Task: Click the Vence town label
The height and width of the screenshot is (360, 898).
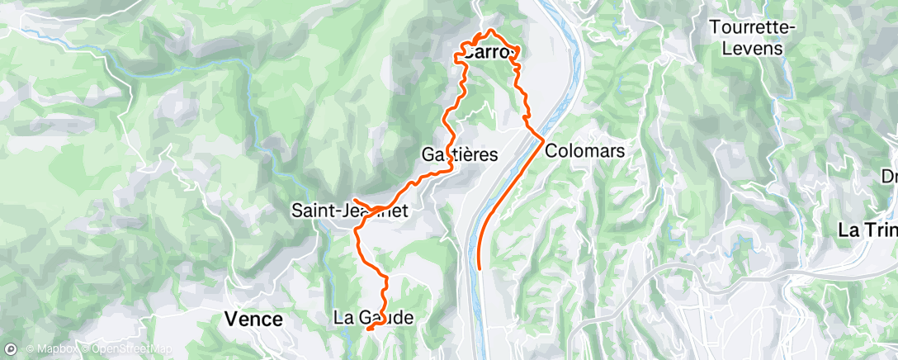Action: tap(254, 319)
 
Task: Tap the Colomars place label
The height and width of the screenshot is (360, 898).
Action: tap(584, 152)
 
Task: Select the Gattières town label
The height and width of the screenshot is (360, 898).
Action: tap(460, 154)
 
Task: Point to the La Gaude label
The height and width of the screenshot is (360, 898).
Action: tap(372, 317)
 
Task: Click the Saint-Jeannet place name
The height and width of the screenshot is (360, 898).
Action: tap(351, 211)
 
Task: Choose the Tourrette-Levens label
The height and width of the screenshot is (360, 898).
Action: tap(752, 37)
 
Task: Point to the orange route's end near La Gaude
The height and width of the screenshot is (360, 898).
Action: tap(367, 329)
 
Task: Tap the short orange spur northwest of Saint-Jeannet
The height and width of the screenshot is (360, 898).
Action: tap(357, 201)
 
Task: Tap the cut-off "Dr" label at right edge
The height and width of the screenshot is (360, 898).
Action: tap(889, 176)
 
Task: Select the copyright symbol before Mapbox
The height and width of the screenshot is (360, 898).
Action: tap(30, 348)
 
